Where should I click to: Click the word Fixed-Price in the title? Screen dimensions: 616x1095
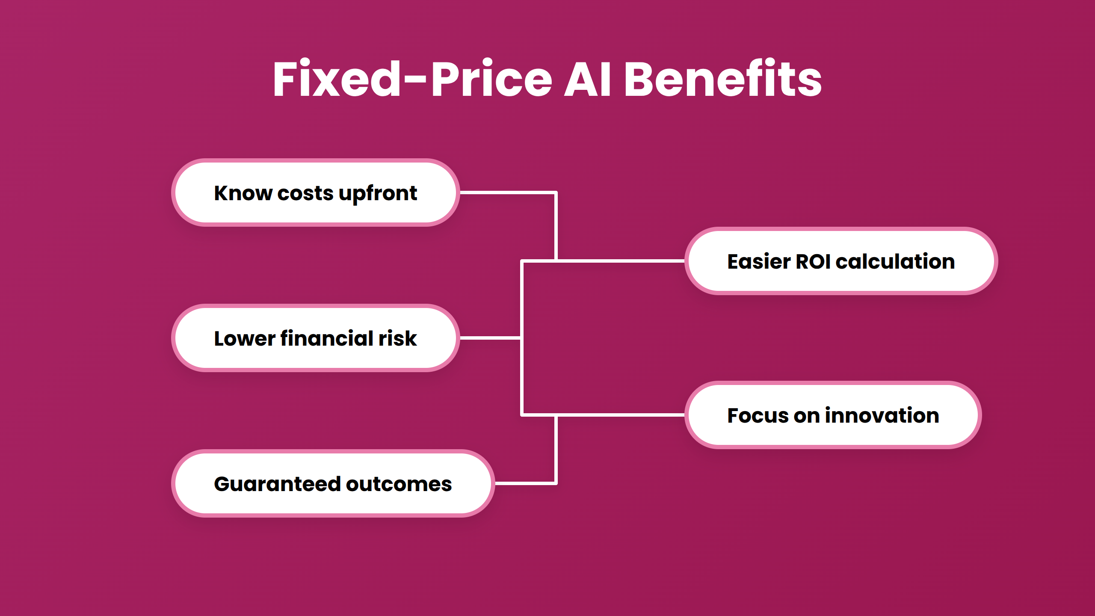click(x=412, y=80)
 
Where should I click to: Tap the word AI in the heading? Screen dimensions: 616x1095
click(x=588, y=80)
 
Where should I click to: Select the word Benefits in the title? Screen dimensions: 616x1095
click(x=722, y=80)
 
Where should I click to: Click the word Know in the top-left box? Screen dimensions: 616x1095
click(x=243, y=193)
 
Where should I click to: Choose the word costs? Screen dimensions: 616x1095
click(x=305, y=194)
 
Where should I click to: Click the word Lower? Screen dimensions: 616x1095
click(x=245, y=338)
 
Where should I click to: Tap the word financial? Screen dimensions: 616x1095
click(x=327, y=338)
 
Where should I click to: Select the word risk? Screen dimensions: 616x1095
click(x=397, y=338)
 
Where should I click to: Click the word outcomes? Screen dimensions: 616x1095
click(x=399, y=484)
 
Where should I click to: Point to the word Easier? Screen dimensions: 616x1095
click(x=759, y=261)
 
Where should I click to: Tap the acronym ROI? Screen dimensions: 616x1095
click(x=813, y=261)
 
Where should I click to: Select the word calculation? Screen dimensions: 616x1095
click(x=895, y=261)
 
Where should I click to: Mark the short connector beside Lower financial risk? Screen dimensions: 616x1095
click(x=490, y=338)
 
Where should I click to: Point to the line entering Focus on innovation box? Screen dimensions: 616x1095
click(x=620, y=415)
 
